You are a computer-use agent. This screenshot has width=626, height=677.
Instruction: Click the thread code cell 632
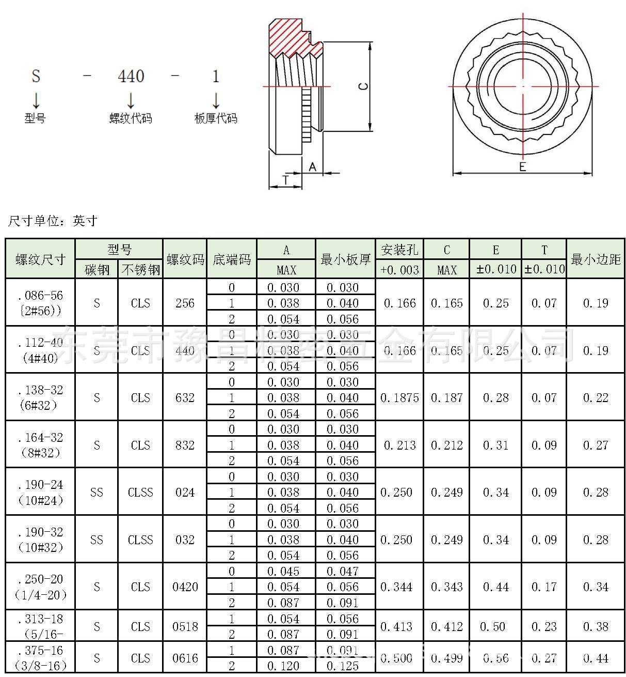click(185, 397)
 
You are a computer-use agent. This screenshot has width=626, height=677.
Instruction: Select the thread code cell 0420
click(185, 587)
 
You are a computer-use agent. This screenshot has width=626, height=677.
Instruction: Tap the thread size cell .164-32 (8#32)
click(40, 445)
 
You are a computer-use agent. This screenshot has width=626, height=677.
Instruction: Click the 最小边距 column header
click(596, 259)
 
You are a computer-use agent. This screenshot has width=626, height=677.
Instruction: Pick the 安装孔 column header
click(399, 250)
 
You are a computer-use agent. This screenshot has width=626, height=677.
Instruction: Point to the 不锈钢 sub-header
click(140, 269)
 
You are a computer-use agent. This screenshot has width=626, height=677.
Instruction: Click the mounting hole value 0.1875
click(399, 397)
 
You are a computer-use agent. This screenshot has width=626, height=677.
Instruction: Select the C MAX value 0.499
click(447, 658)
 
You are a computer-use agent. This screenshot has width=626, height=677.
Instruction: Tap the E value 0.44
click(495, 587)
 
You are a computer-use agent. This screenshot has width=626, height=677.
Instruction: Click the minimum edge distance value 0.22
click(596, 397)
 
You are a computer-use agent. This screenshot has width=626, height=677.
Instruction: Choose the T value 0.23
click(544, 626)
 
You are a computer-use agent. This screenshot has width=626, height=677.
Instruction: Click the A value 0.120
click(283, 666)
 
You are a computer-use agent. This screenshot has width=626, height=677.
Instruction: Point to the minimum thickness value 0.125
click(343, 666)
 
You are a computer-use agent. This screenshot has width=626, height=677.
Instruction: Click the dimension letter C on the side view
click(363, 86)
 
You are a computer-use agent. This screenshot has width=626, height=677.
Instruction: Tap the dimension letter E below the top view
click(522, 167)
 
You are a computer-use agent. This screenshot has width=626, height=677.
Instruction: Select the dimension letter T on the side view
click(285, 180)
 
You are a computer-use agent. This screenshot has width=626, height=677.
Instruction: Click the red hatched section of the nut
click(289, 39)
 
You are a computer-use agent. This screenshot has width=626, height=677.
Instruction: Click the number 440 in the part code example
click(131, 76)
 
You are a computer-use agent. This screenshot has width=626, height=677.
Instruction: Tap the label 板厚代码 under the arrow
click(216, 118)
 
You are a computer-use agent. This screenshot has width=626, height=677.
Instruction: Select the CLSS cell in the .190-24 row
click(140, 493)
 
